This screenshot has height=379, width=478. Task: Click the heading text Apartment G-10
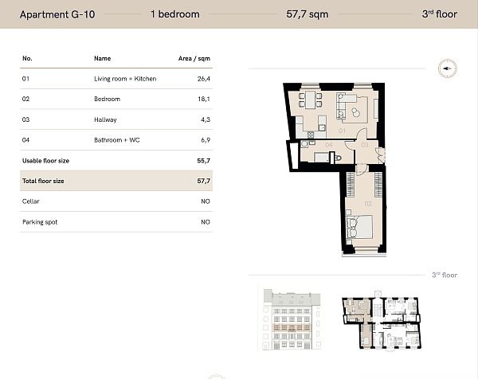(x=57, y=14)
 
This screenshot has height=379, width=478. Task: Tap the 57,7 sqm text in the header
(x=308, y=14)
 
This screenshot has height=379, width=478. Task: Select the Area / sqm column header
(x=194, y=58)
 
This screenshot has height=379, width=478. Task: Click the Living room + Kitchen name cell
(x=125, y=79)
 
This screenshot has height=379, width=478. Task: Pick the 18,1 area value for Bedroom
(x=204, y=99)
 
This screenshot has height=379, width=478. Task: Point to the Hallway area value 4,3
(x=206, y=119)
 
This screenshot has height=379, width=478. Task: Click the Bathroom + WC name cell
(x=117, y=140)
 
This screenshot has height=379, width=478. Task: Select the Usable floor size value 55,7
(x=204, y=161)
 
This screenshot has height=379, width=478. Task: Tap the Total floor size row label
(x=43, y=181)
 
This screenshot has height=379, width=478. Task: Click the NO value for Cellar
(x=206, y=201)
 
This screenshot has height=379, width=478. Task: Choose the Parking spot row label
(x=40, y=222)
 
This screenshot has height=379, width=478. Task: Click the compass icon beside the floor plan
(x=448, y=68)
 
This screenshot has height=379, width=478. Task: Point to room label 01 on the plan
(x=342, y=131)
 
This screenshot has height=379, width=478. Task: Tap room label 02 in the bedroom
(x=368, y=204)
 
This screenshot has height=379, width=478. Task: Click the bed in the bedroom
(x=359, y=227)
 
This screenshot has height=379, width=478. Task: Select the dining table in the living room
(x=311, y=100)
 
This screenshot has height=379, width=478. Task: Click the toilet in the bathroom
(x=338, y=158)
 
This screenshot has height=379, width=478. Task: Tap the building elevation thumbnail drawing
(x=292, y=319)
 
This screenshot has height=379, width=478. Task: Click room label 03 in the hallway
(x=365, y=145)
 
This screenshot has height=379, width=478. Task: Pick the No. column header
(x=27, y=58)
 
